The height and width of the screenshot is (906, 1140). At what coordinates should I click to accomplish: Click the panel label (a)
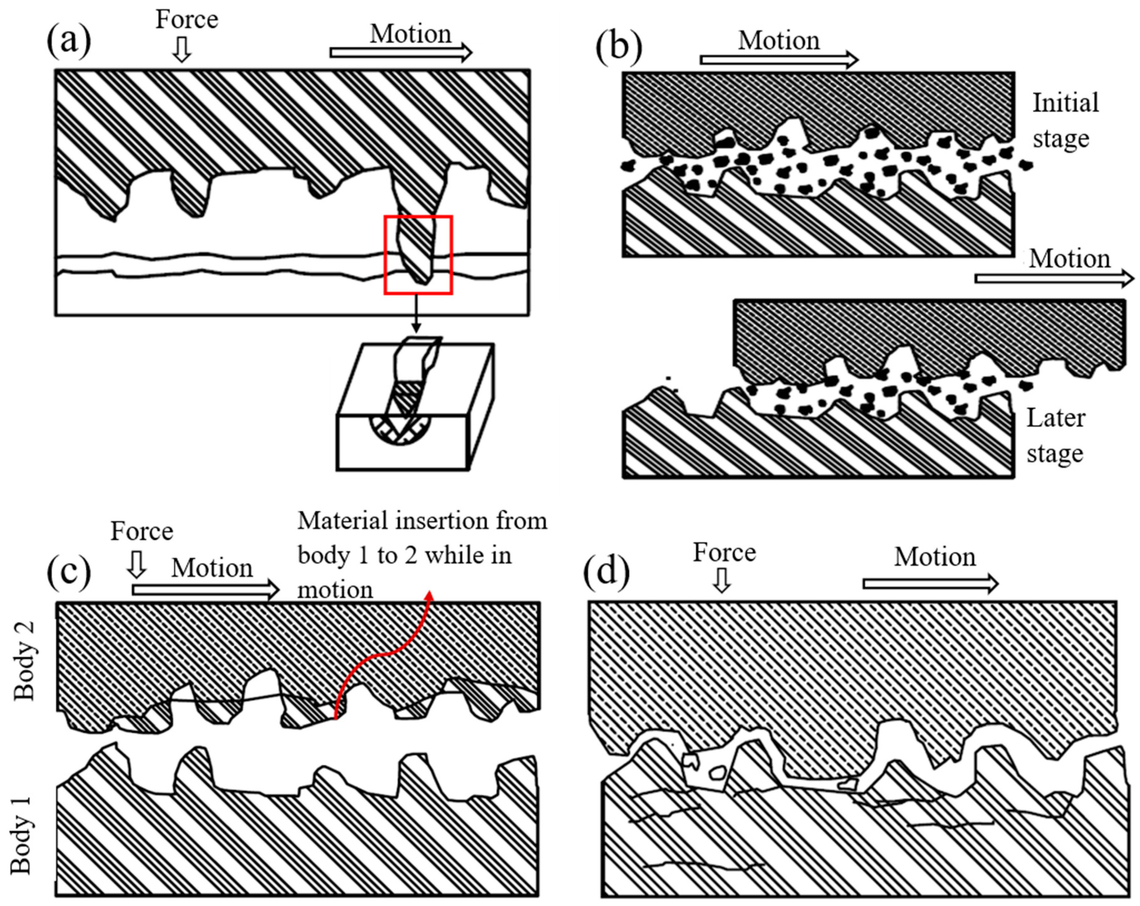(x=69, y=41)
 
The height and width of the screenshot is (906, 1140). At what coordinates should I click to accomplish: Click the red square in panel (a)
(x=418, y=217)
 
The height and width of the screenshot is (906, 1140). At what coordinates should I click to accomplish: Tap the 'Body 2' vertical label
(x=24, y=661)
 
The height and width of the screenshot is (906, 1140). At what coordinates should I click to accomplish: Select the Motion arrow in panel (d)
(x=930, y=583)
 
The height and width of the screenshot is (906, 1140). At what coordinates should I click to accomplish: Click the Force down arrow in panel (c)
(x=138, y=564)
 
